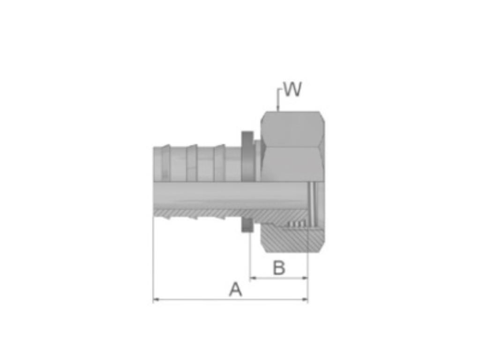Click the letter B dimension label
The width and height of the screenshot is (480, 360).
coord(279,268)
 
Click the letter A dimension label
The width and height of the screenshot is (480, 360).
coord(235,289)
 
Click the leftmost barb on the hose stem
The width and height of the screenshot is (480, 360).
coord(165,162)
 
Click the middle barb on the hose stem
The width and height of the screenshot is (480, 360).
coord(192,162)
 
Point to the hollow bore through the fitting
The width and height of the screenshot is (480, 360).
coord(225,195)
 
